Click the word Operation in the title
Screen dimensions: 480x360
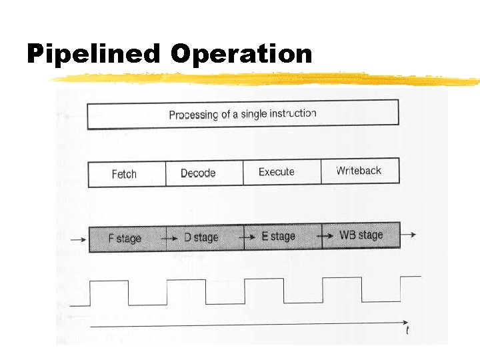point(241,54)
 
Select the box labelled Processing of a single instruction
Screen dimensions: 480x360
point(243,113)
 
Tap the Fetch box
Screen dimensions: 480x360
point(126,173)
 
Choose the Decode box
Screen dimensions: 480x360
point(203,173)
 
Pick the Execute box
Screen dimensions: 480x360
point(281,172)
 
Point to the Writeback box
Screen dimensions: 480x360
point(360,171)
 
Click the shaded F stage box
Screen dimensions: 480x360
point(127,237)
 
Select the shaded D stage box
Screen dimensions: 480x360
point(205,237)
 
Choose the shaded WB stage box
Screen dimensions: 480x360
point(361,235)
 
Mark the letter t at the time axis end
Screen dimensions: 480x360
point(407,330)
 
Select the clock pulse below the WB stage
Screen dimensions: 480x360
point(341,280)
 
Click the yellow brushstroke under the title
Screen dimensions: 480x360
point(267,79)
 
